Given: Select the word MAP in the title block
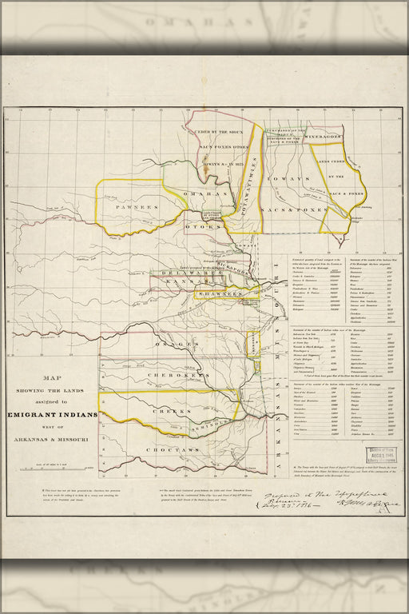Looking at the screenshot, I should [x=52, y=381].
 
